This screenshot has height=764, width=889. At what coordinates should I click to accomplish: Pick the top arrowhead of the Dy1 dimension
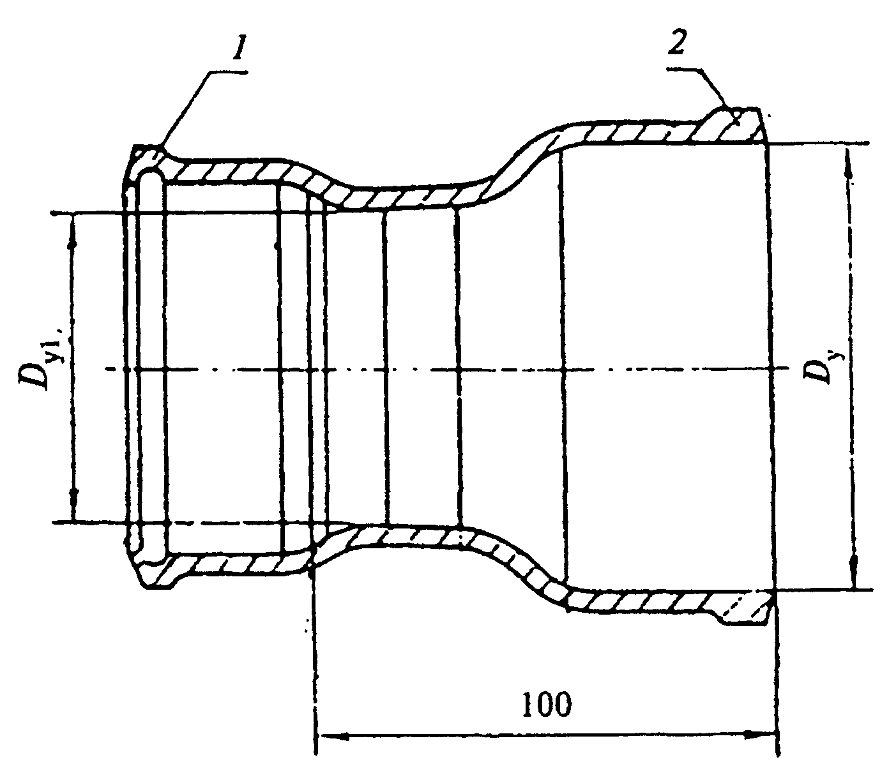(73, 232)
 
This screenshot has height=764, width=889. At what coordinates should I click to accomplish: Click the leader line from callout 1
(186, 110)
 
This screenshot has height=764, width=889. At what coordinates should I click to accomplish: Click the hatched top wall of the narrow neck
(409, 198)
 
